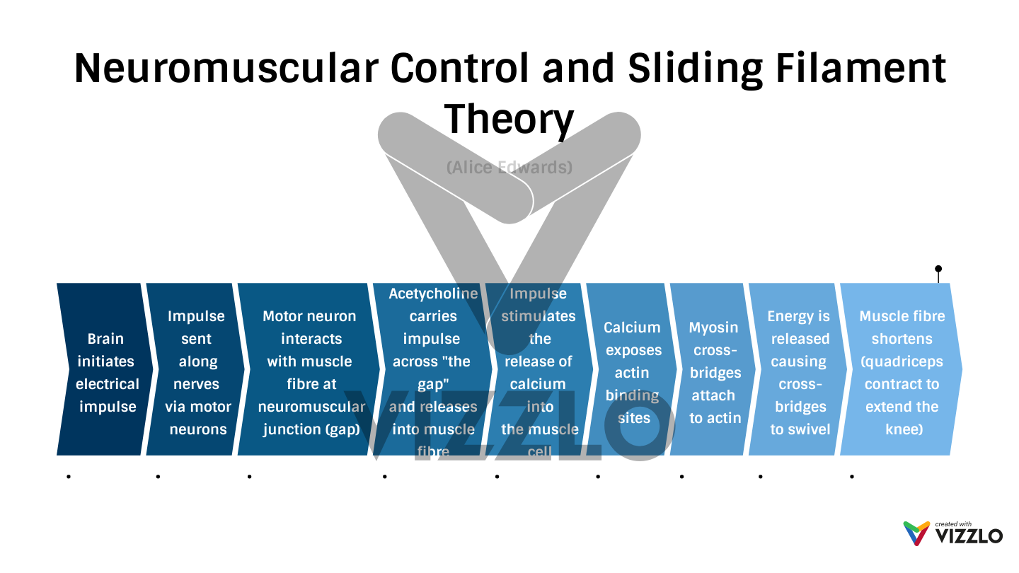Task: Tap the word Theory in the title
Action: tap(509, 120)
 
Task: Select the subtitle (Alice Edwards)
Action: tap(509, 168)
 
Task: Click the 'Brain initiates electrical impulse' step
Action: tap(106, 373)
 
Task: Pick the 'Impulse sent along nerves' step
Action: tap(197, 373)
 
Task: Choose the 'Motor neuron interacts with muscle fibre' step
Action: tap(310, 373)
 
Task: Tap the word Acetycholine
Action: tap(433, 294)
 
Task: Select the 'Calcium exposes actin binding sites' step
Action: tap(632, 373)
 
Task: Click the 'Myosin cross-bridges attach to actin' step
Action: tap(714, 373)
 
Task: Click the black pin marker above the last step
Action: tap(938, 269)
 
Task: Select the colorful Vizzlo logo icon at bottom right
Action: tap(916, 533)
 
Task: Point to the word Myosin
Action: tap(713, 328)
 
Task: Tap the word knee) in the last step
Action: tap(904, 429)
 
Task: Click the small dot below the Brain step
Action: tap(69, 477)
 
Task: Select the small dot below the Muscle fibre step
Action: tap(851, 477)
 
